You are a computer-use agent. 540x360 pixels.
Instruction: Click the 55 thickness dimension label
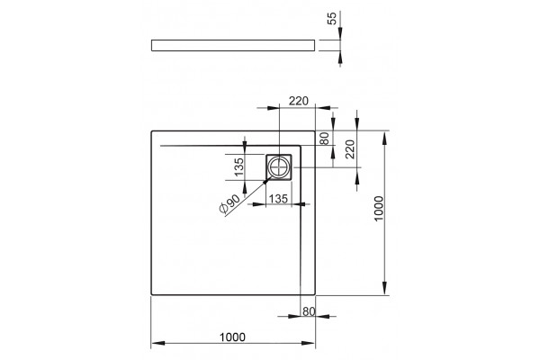pos(331,18)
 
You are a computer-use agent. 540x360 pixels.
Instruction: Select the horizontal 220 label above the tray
pos(299,101)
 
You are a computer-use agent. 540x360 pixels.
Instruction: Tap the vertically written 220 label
pos(349,148)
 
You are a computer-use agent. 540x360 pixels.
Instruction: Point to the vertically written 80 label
pos(325,139)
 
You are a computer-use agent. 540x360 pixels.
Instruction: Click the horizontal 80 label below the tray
pos(309,311)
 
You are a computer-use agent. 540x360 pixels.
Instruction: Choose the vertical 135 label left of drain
pos(238,167)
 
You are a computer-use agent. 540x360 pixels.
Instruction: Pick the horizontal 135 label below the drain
pos(278,199)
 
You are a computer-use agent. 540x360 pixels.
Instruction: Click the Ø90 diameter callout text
pos(229,204)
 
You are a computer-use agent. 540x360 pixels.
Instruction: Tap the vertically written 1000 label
pos(379,209)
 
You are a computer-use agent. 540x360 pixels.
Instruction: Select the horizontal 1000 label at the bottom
pos(233,337)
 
